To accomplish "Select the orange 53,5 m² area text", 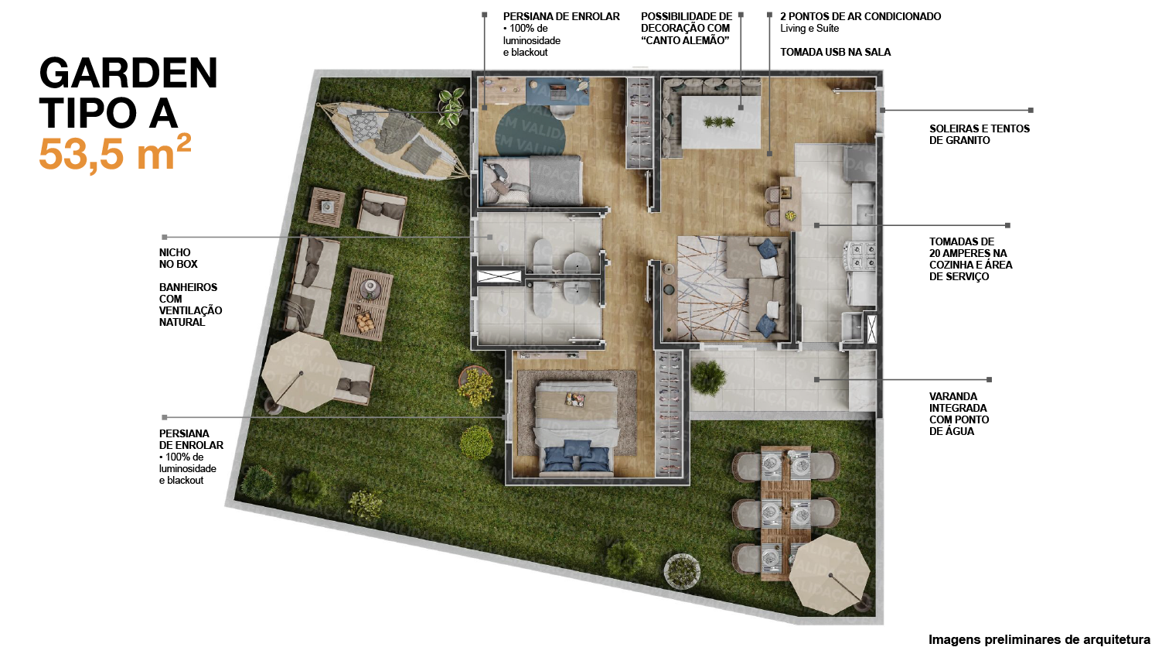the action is click(x=115, y=152).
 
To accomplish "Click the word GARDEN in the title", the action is click(x=128, y=74).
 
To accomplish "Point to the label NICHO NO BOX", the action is click(x=179, y=259).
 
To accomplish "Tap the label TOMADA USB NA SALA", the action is click(x=835, y=52).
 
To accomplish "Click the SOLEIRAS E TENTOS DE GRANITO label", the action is click(x=980, y=134).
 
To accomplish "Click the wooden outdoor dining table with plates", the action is click(x=785, y=512).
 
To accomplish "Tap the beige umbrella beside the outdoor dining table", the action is click(x=830, y=574).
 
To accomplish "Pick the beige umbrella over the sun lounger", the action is click(x=301, y=372).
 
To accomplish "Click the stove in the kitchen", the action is click(x=860, y=255).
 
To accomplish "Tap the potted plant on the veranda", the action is click(x=708, y=378).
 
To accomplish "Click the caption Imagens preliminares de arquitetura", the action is click(x=1039, y=639).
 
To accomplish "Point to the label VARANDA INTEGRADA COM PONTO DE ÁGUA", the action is click(x=959, y=413).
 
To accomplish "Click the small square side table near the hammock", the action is click(x=326, y=207).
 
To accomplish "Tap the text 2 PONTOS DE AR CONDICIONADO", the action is click(x=860, y=16).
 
